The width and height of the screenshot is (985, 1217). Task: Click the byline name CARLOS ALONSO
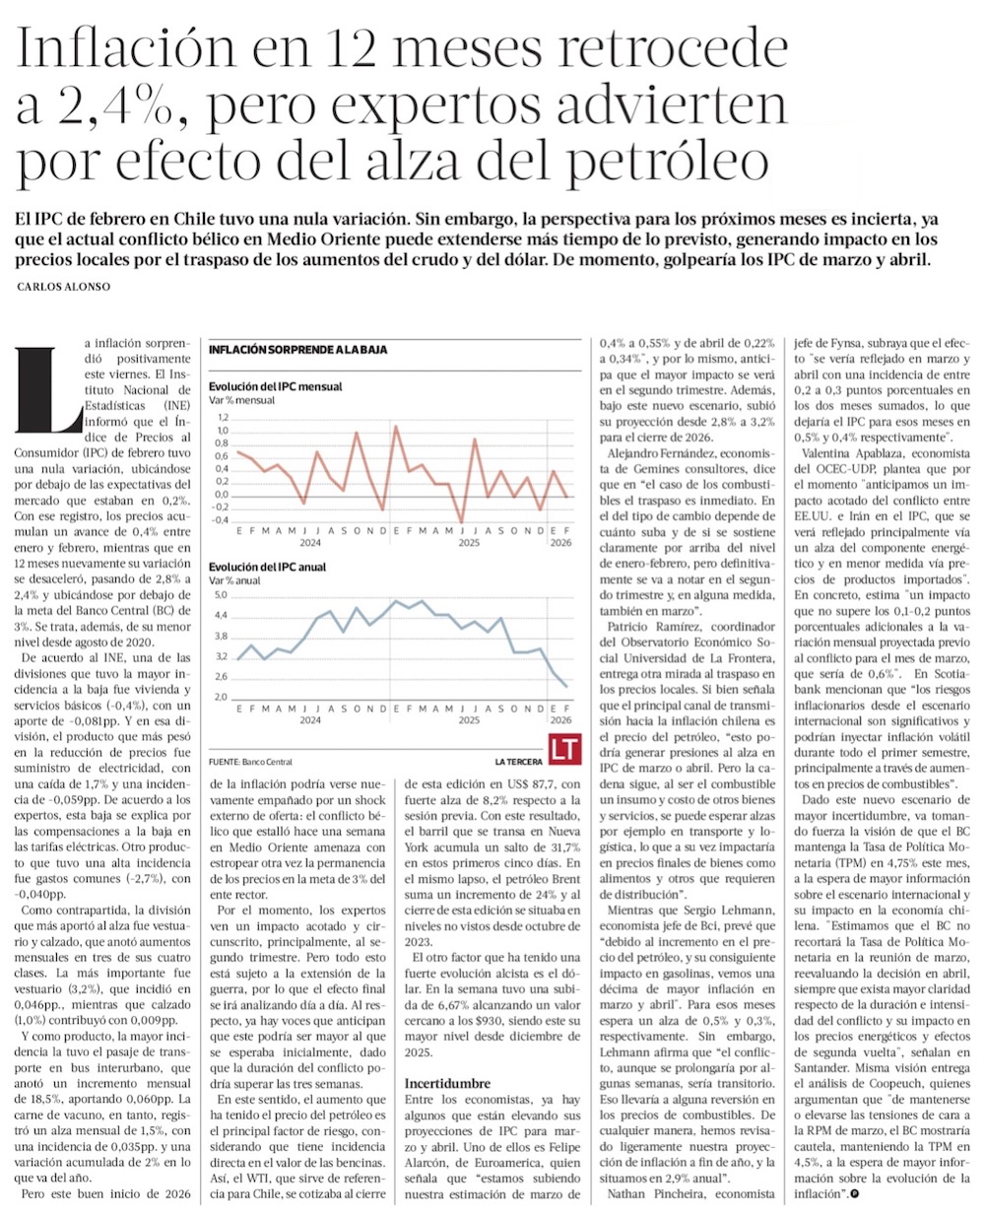65,287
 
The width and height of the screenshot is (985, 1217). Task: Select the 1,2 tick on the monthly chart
222,418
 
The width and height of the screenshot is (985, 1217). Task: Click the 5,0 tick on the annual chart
221,595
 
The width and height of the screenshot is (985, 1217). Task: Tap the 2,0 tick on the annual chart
221,697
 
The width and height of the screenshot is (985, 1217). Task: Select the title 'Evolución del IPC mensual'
275,387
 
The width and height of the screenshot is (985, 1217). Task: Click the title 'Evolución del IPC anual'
267,567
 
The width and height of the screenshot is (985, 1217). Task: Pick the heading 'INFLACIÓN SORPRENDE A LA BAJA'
297,350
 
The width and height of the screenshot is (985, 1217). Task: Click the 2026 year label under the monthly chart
560,542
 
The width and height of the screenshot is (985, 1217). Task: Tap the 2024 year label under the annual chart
310,720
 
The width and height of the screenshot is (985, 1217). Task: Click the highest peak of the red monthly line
396,426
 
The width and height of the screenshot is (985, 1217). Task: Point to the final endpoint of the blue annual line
565,686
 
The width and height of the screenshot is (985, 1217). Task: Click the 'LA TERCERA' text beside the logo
520,763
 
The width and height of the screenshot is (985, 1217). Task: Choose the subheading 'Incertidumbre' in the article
448,1083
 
